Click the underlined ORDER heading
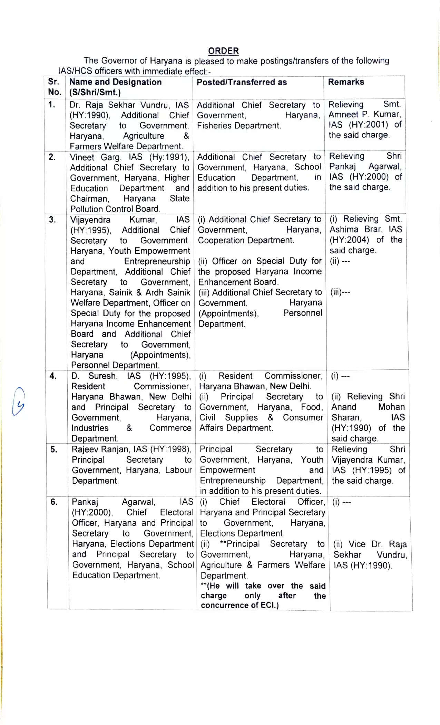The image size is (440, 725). point(223,51)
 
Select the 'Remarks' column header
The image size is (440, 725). point(346,82)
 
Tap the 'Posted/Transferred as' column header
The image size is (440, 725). point(242,82)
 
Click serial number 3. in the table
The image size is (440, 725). point(52,220)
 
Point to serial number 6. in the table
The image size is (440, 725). point(54,502)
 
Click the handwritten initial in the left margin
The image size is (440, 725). point(18,401)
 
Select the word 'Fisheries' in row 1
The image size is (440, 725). point(213,126)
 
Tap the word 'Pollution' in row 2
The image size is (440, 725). point(86,209)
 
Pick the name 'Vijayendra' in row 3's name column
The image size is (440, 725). point(90,220)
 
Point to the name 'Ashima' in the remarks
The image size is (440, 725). point(344,230)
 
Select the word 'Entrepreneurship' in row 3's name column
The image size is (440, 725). point(157,261)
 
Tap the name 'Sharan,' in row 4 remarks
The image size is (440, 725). point(346,418)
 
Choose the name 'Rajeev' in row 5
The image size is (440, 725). point(85,449)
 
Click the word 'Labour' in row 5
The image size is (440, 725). point(178,470)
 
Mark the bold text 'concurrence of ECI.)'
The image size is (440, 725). point(239,605)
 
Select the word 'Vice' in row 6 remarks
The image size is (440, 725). point(357,544)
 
